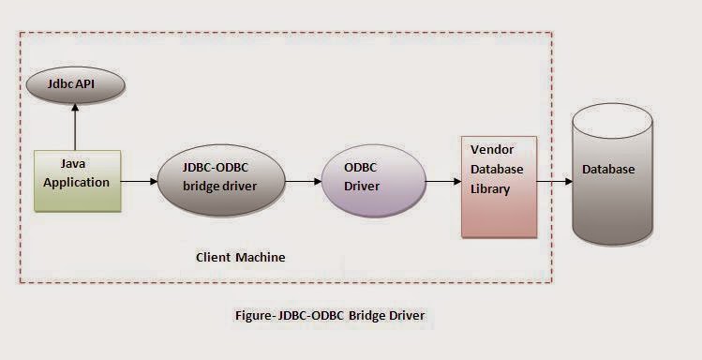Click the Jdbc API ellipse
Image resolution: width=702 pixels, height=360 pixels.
[74, 84]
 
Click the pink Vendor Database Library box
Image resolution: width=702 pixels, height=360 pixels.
[499, 186]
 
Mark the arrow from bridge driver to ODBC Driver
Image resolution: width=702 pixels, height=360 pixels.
[300, 180]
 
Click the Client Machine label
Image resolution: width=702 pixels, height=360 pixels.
[240, 257]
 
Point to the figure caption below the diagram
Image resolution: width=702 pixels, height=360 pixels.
[329, 315]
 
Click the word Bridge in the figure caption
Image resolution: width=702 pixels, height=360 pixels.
[370, 315]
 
